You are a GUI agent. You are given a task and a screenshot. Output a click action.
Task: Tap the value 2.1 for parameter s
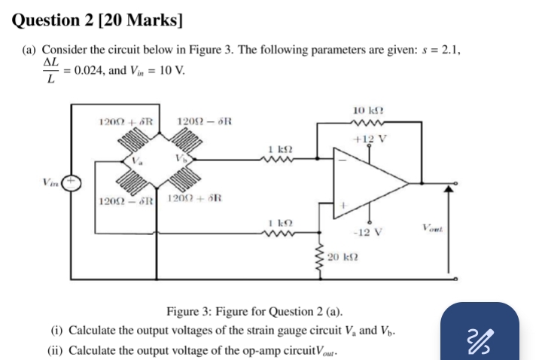(449, 50)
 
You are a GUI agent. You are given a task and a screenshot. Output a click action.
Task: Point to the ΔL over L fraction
(50, 70)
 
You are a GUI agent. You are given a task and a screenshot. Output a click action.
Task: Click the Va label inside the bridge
(135, 159)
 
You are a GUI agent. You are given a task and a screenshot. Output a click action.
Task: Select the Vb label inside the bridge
(181, 159)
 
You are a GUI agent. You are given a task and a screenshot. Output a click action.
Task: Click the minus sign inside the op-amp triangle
(345, 159)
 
